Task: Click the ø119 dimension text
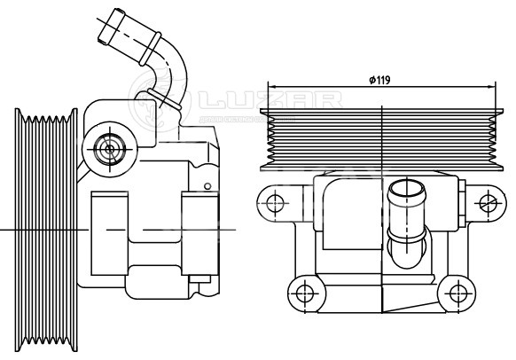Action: click(x=379, y=80)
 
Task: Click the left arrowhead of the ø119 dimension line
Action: click(x=271, y=87)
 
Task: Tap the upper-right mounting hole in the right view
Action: click(x=486, y=202)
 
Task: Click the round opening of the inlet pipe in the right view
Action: click(x=406, y=191)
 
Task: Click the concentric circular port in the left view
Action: click(x=109, y=147)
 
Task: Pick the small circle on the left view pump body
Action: click(x=207, y=186)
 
